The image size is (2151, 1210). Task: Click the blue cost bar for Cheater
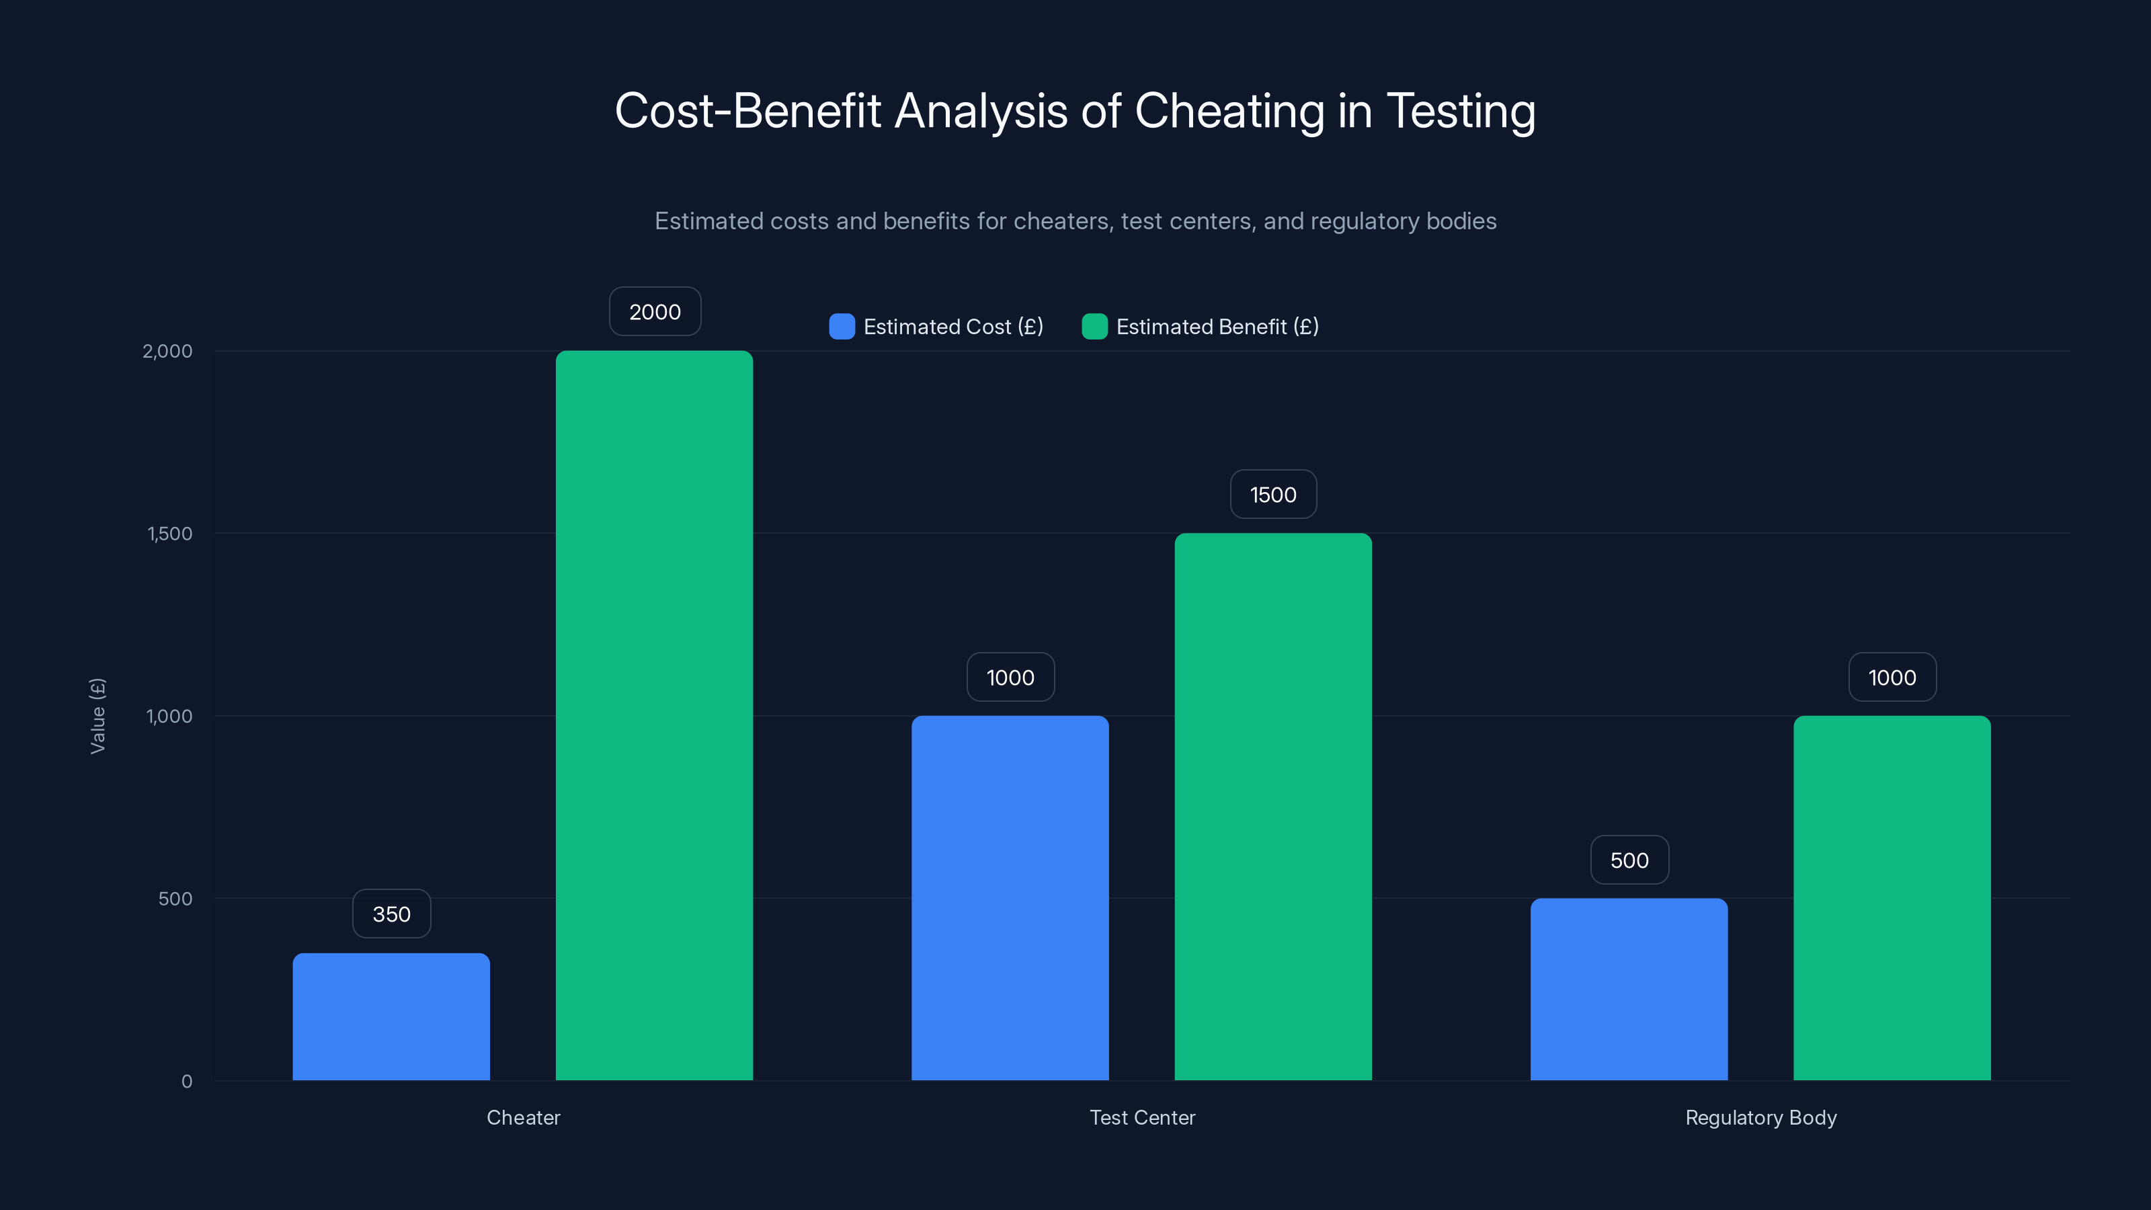coord(391,1016)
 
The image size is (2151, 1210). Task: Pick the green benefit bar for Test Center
coord(1272,807)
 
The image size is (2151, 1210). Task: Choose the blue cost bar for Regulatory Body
coord(1628,989)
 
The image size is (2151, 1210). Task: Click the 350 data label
coord(391,914)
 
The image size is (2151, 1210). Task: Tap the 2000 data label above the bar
coord(655,311)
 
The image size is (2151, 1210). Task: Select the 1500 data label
coord(1272,494)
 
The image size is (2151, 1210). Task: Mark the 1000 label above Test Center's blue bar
coord(1010,677)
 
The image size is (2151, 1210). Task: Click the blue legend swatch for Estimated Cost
coord(842,327)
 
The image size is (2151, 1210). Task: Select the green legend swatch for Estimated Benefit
coord(1094,327)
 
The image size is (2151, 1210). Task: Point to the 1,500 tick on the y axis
coord(169,534)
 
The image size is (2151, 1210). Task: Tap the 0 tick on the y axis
coord(187,1082)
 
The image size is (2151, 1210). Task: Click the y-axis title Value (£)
coord(97,716)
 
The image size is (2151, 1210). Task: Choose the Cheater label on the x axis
coord(523,1117)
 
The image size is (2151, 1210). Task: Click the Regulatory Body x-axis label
coord(1760,1117)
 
